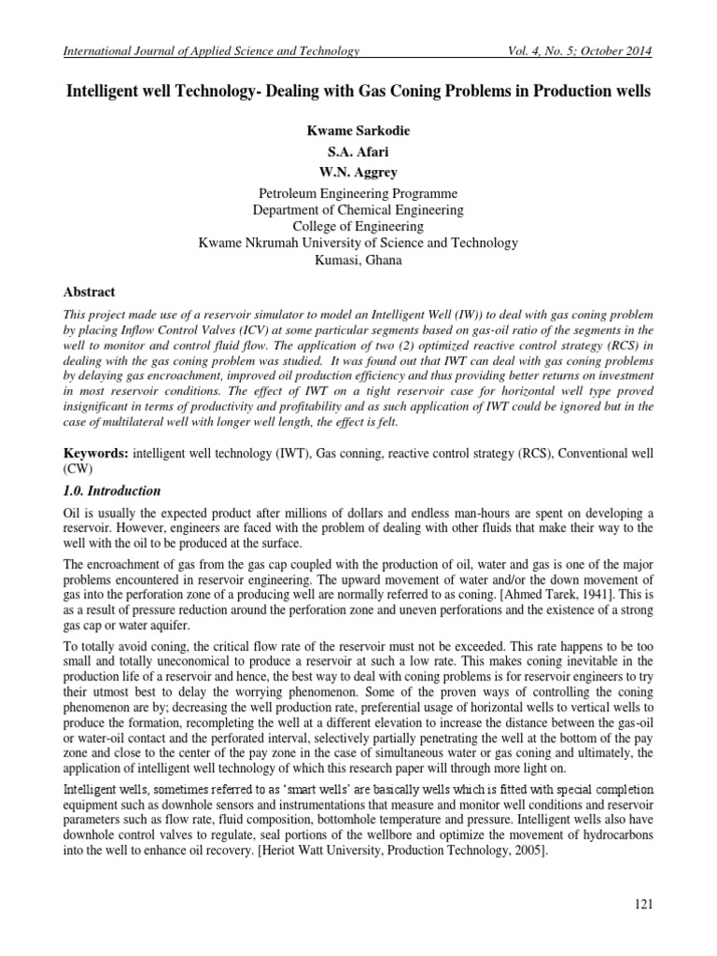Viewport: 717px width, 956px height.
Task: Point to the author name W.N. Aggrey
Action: tap(358, 166)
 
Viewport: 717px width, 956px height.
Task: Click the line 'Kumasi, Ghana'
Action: tap(358, 260)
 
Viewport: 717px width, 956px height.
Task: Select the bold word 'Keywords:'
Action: tap(94, 452)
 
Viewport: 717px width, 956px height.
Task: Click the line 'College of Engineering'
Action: tap(358, 226)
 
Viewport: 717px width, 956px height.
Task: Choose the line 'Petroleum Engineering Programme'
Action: tap(358, 191)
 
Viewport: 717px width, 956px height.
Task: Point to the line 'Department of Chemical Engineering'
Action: tap(358, 209)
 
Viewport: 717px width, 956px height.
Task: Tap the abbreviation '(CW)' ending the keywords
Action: tap(77, 468)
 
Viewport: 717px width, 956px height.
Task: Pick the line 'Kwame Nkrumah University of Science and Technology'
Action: tap(358, 243)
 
